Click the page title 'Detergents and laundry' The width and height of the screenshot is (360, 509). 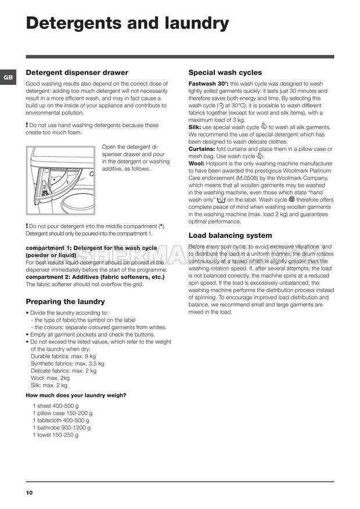tap(128, 23)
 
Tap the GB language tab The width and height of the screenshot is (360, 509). tap(8, 77)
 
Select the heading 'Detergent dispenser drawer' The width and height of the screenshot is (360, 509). tap(77, 73)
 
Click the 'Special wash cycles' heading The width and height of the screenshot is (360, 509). tap(225, 73)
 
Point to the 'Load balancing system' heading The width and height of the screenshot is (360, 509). tap(230, 236)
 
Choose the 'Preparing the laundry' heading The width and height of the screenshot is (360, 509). tap(66, 302)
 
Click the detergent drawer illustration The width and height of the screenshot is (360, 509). tap(60, 181)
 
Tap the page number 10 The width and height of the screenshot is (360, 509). tap(29, 493)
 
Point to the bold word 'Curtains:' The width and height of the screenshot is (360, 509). tap(201, 149)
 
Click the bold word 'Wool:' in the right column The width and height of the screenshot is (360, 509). tap(196, 164)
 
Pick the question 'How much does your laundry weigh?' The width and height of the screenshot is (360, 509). tap(76, 396)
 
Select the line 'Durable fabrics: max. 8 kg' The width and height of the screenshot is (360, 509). tap(63, 356)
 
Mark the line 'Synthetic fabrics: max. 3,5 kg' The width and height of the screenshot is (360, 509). tap(67, 364)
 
